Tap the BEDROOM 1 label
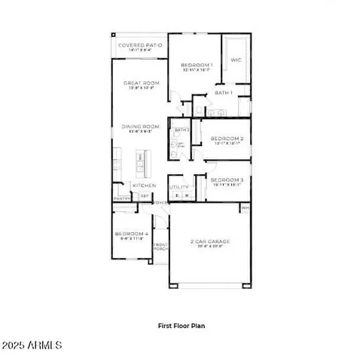coord(197,66)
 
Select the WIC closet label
coord(235,60)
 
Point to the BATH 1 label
coord(224,92)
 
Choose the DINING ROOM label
coord(139,126)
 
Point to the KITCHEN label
coord(144,185)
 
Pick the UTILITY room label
coord(178,186)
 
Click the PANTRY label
coord(121,198)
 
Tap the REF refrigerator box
coord(145,196)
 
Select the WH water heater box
coord(245,207)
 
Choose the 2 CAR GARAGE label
coord(209,242)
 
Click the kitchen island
coord(139,161)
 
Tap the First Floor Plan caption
coord(181,326)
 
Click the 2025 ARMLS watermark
coord(31,346)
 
